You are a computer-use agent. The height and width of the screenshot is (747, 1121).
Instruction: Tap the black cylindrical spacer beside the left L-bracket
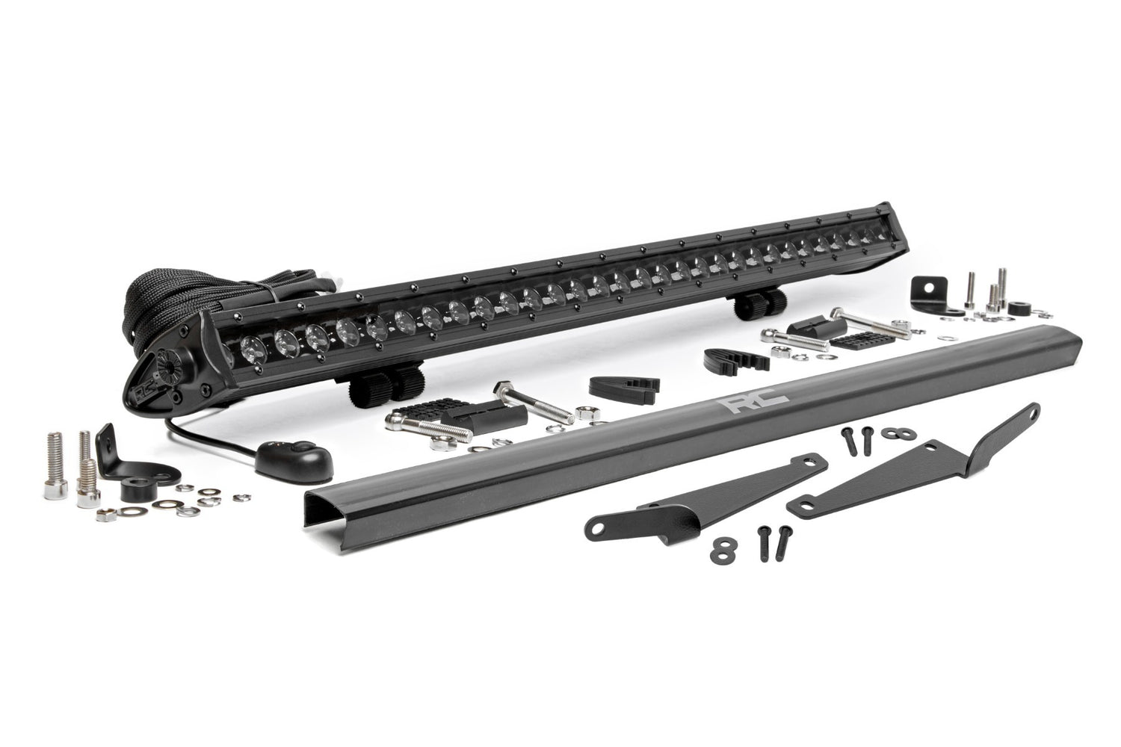click(x=135, y=494)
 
